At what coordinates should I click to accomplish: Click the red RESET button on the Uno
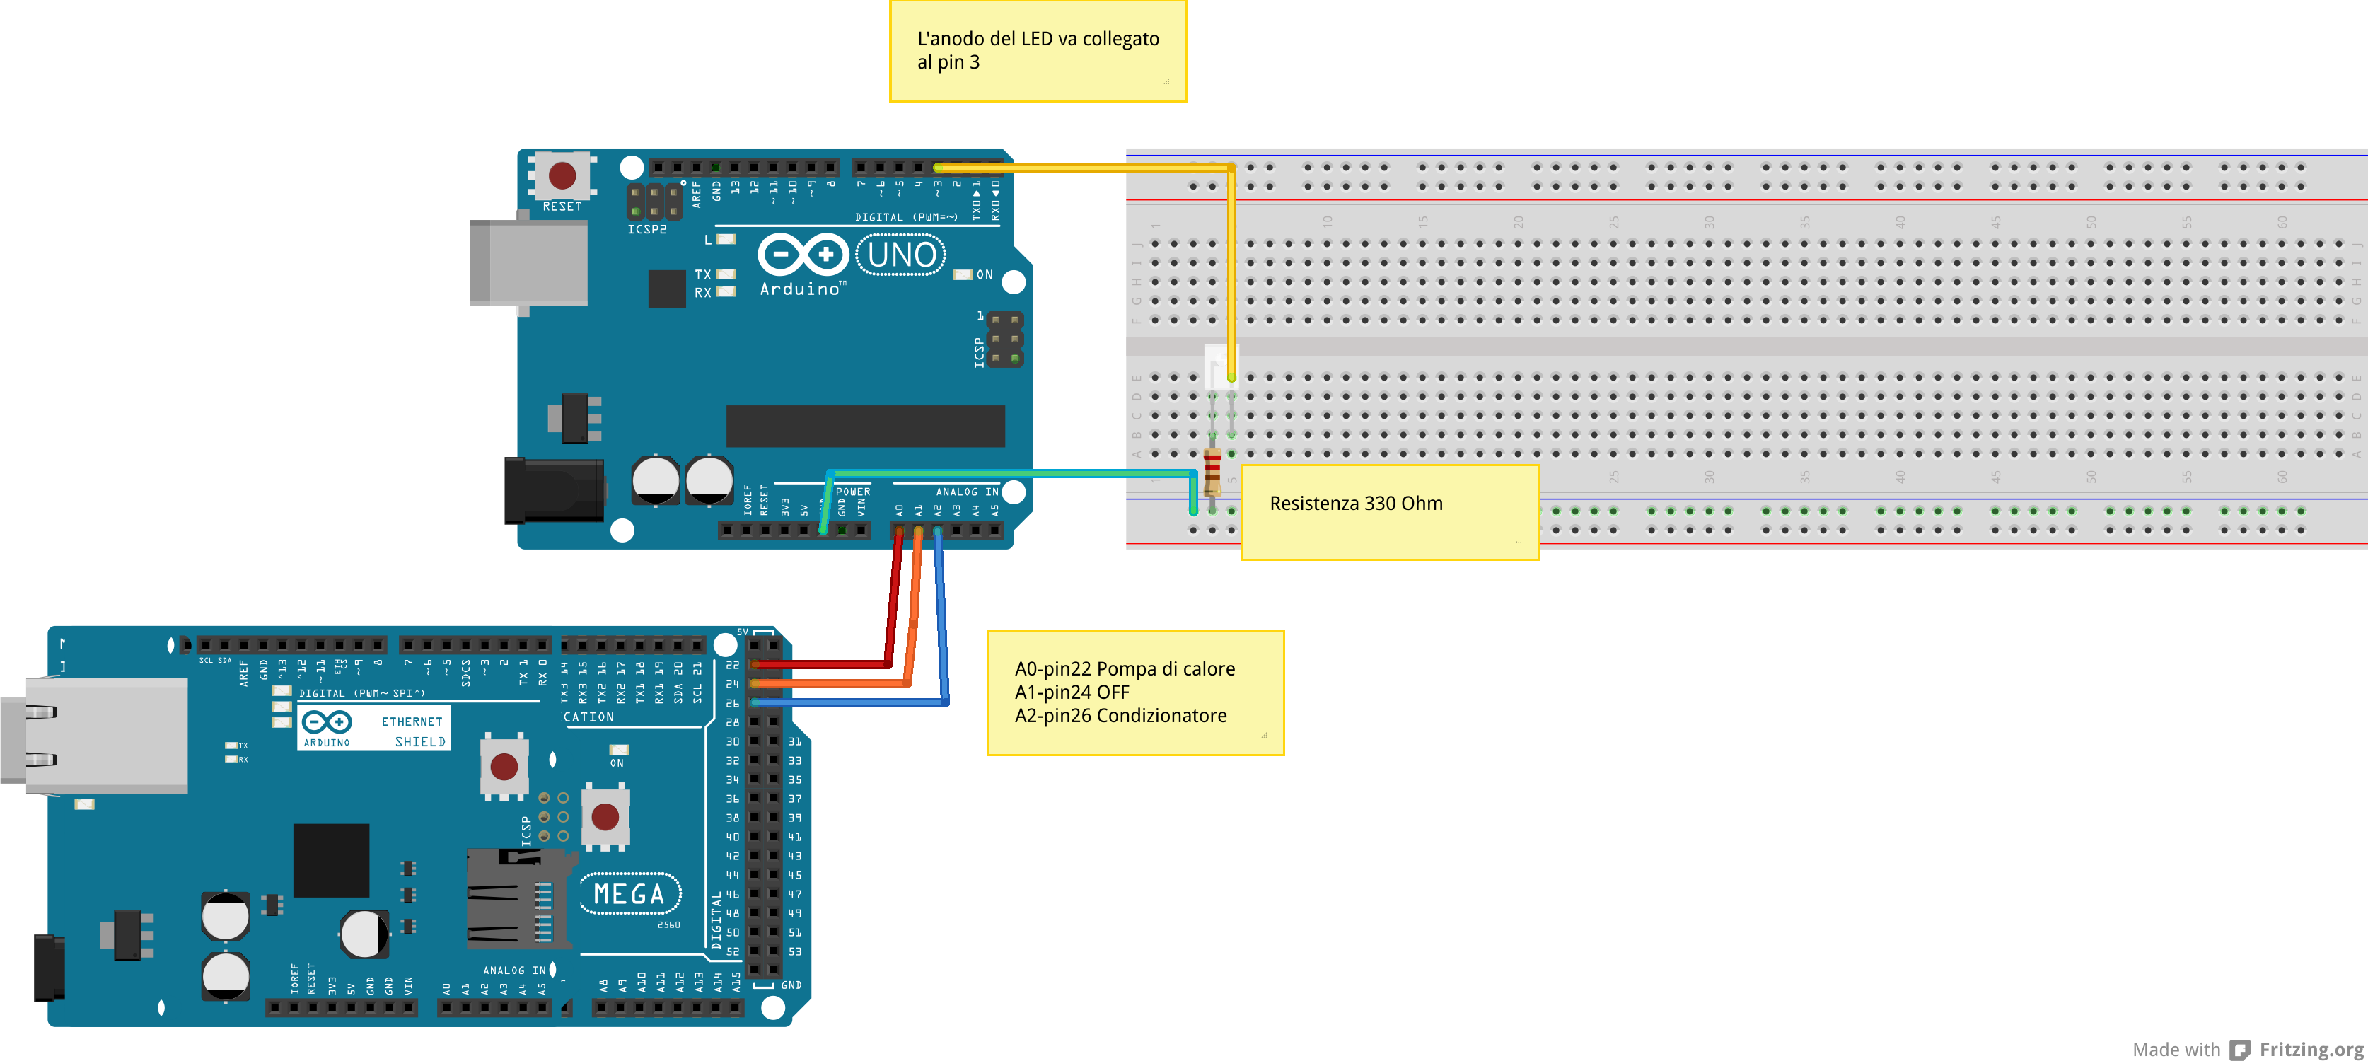click(562, 175)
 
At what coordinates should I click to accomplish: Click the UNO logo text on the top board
click(901, 255)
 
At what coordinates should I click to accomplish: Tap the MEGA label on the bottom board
click(629, 893)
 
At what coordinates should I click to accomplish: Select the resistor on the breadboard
click(1212, 471)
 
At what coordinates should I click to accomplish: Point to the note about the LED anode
click(1037, 50)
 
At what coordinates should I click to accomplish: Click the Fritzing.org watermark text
click(2310, 1049)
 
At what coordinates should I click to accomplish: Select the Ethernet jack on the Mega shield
click(101, 735)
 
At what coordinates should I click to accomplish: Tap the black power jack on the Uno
click(553, 491)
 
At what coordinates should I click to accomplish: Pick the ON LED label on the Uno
click(984, 275)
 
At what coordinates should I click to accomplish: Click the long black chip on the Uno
click(864, 426)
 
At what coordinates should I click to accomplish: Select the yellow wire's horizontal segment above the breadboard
click(1085, 168)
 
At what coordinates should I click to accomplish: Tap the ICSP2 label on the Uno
click(647, 230)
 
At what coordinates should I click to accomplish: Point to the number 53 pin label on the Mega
click(794, 951)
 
